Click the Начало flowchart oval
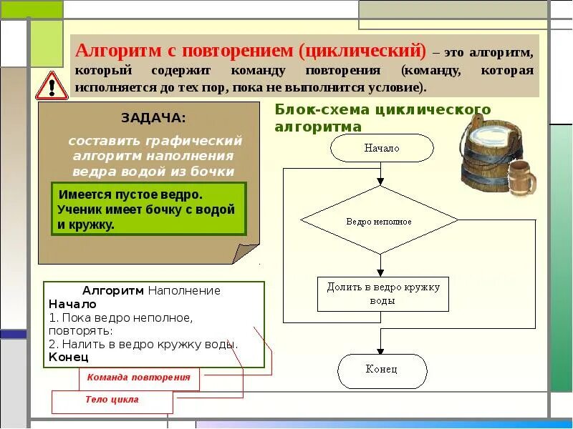point(382,148)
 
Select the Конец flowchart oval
point(382,370)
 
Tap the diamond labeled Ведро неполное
point(379,221)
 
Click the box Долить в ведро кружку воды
point(383,294)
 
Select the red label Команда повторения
point(139,378)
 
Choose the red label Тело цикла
point(112,400)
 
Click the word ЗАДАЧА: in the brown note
point(153,117)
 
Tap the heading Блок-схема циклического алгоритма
point(382,118)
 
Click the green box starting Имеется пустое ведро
point(149,209)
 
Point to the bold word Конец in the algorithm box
point(68,355)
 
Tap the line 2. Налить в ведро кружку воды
point(143,343)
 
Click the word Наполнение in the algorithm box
point(184,291)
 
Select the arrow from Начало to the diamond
point(382,174)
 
